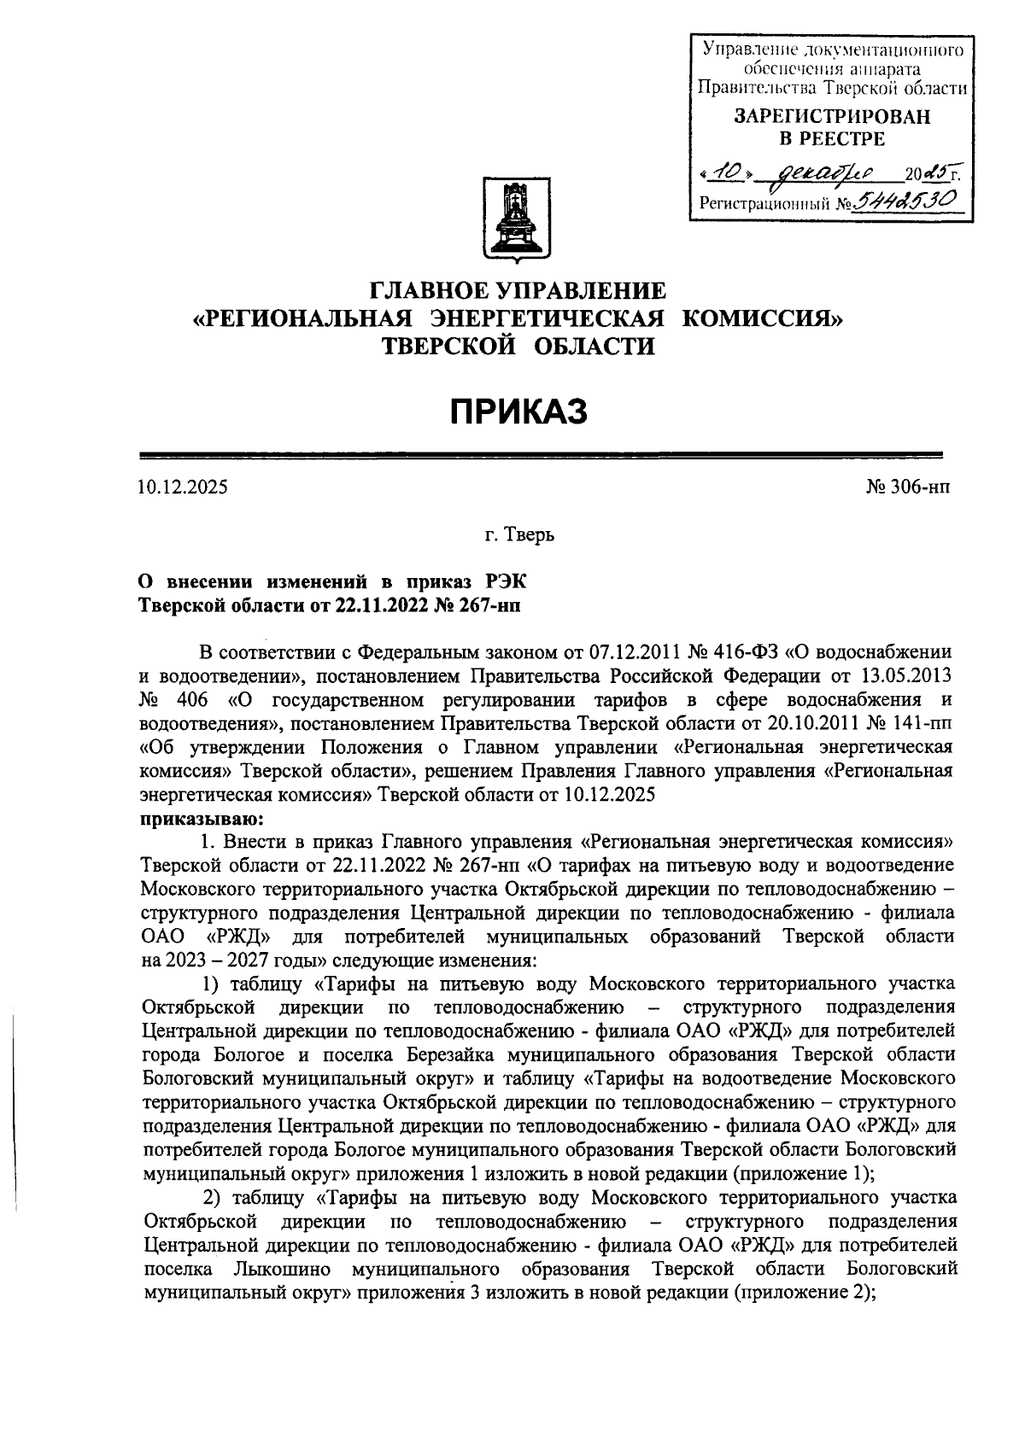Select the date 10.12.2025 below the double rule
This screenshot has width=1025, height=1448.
click(183, 488)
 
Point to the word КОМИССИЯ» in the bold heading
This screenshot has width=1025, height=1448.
click(762, 318)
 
